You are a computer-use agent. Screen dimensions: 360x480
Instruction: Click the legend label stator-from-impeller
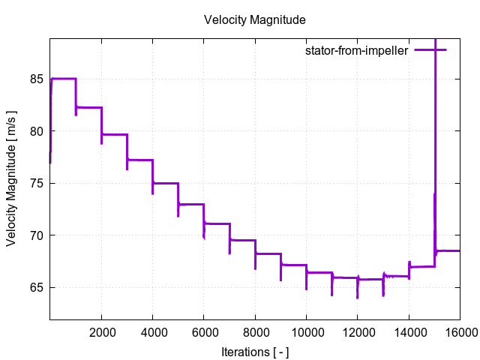pyautogui.click(x=356, y=50)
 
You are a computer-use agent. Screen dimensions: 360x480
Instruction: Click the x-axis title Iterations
pyautogui.click(x=255, y=351)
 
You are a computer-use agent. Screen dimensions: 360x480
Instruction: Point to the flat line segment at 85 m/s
pyautogui.click(x=64, y=78)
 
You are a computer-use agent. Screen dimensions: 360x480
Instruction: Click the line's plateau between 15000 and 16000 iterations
pyautogui.click(x=448, y=250)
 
